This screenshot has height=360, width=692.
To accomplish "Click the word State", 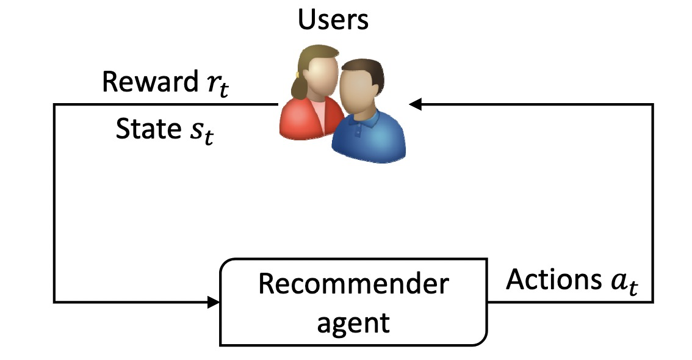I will [145, 129].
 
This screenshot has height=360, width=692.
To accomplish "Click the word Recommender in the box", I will [353, 284].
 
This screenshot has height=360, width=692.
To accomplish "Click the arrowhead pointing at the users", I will [416, 105].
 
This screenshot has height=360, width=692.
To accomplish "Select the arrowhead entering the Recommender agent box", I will [213, 301].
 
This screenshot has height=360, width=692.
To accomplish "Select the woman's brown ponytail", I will [297, 82].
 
